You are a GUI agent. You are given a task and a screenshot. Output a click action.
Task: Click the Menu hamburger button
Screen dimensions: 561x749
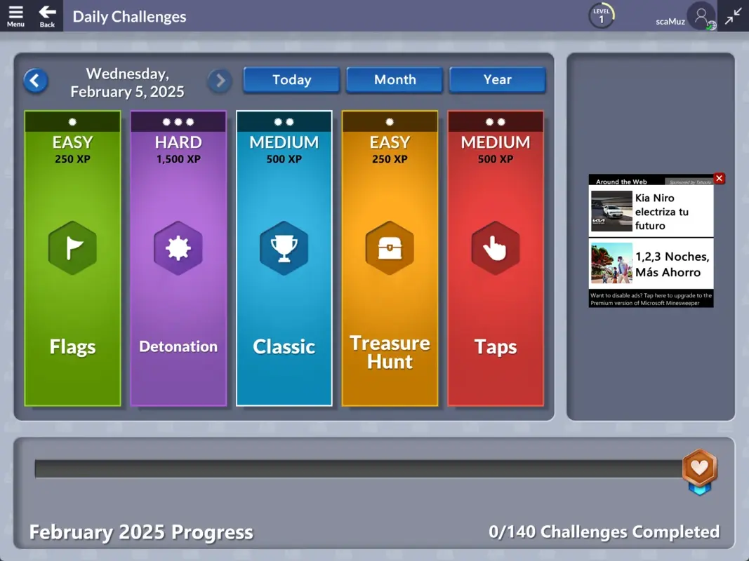pyautogui.click(x=15, y=15)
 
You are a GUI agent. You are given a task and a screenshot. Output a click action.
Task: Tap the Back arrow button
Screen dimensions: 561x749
pyautogui.click(x=47, y=15)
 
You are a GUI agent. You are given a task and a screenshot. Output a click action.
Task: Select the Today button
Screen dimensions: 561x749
pyautogui.click(x=291, y=80)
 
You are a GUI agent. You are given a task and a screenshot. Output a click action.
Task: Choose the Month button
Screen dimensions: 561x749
pyautogui.click(x=395, y=80)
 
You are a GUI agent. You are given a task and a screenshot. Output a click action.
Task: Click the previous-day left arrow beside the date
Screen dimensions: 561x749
pyautogui.click(x=36, y=81)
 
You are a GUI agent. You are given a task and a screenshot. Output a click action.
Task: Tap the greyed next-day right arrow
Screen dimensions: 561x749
pyautogui.click(x=220, y=81)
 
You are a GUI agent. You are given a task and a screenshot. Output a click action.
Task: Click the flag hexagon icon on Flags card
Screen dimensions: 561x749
pyautogui.click(x=72, y=248)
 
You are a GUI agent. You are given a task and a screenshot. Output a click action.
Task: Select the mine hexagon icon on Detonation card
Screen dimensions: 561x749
pyautogui.click(x=178, y=248)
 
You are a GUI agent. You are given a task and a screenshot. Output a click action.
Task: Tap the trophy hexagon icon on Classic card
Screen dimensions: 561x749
pyautogui.click(x=284, y=248)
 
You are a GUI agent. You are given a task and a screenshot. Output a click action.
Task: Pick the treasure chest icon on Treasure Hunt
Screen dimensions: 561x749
pyautogui.click(x=390, y=248)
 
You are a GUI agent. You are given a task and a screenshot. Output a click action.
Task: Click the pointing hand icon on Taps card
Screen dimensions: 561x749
pyautogui.click(x=496, y=248)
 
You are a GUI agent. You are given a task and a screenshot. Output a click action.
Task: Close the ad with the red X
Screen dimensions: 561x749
pyautogui.click(x=719, y=179)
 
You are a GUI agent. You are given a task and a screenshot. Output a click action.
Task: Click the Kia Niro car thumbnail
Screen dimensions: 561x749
pyautogui.click(x=611, y=211)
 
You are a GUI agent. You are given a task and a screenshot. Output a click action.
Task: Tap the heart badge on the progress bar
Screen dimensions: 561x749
pyautogui.click(x=700, y=468)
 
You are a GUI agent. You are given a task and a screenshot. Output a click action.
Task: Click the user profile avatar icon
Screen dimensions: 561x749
pyautogui.click(x=701, y=15)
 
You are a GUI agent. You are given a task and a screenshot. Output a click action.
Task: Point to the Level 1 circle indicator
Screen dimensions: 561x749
pyautogui.click(x=601, y=15)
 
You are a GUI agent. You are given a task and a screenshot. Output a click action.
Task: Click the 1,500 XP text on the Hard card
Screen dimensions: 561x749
pyautogui.click(x=178, y=159)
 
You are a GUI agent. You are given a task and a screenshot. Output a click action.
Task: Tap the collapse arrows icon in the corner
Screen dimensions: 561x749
pyautogui.click(x=734, y=15)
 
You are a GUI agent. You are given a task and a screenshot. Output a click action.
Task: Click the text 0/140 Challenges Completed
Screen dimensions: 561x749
pyautogui.click(x=604, y=532)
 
